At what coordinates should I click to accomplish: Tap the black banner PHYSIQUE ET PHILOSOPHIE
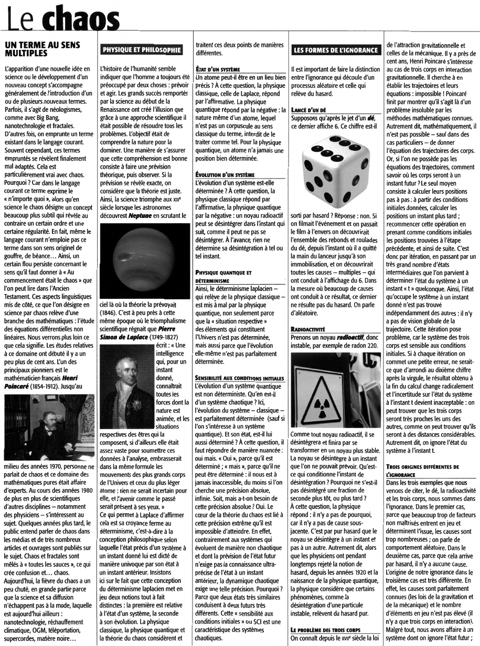142,50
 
